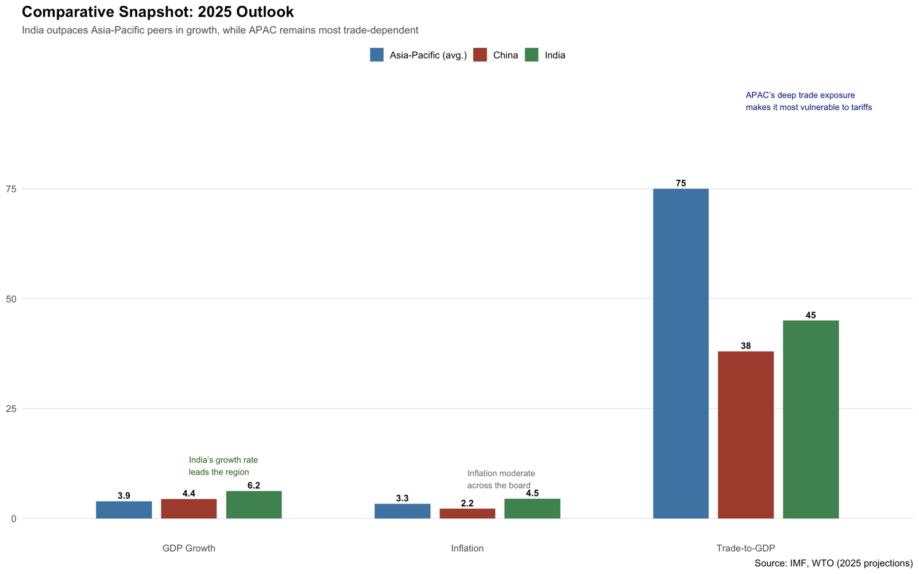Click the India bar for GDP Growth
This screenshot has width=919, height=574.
[254, 505]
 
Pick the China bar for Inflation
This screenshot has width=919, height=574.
[467, 514]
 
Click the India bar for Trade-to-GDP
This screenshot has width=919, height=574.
[810, 420]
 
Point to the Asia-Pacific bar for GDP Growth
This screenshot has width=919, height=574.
[123, 510]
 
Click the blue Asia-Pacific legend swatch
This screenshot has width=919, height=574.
[377, 55]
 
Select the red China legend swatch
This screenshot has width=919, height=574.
[480, 55]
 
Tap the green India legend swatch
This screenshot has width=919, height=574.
[532, 55]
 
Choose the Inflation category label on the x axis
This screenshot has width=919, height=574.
[467, 548]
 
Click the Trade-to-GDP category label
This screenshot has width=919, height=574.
[746, 548]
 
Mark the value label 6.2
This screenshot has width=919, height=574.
[254, 486]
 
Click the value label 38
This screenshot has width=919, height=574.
[746, 346]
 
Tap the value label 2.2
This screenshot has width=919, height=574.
[467, 503]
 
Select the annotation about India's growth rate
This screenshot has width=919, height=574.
[223, 466]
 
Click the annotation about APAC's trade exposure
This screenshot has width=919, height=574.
[808, 102]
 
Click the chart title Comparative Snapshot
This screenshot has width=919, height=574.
[157, 12]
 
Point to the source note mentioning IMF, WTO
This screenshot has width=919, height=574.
[833, 563]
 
